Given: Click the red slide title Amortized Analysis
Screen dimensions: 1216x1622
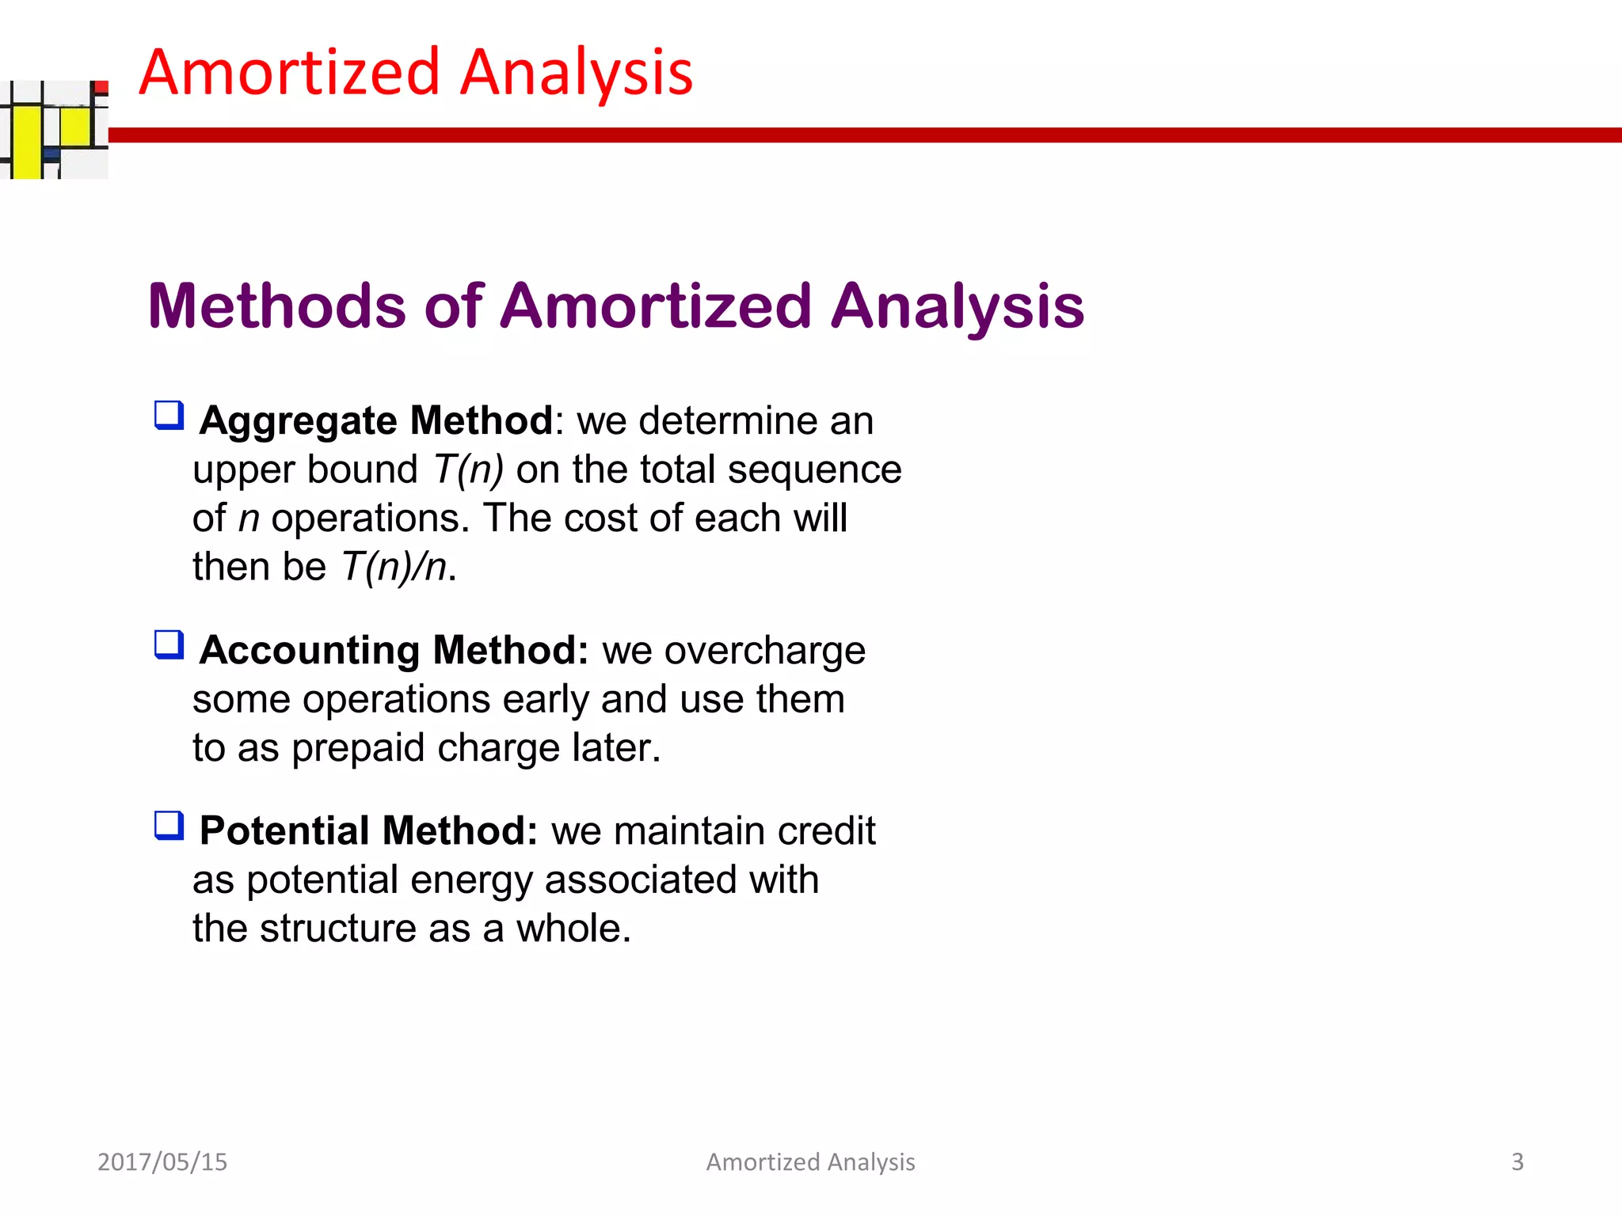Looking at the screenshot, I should click(x=416, y=73).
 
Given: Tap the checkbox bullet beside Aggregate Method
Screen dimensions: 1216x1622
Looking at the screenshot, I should click(x=169, y=416).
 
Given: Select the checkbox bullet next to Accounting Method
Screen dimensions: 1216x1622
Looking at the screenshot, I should click(x=169, y=645).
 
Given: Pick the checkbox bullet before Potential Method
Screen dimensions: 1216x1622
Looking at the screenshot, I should click(x=169, y=826).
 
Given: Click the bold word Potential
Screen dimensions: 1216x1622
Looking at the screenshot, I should click(x=284, y=831).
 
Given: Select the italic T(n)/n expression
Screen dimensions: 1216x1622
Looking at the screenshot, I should click(x=394, y=568).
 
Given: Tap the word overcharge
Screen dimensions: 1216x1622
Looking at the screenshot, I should click(x=764, y=651).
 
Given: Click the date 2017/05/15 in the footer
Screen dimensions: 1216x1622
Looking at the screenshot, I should click(x=162, y=1161).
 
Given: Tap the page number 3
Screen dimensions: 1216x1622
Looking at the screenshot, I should click(x=1517, y=1161).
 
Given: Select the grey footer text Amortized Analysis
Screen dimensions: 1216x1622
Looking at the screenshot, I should click(x=810, y=1161).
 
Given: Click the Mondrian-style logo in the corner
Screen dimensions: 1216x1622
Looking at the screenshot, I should click(x=54, y=129).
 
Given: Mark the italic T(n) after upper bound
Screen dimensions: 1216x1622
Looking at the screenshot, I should click(x=468, y=470).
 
